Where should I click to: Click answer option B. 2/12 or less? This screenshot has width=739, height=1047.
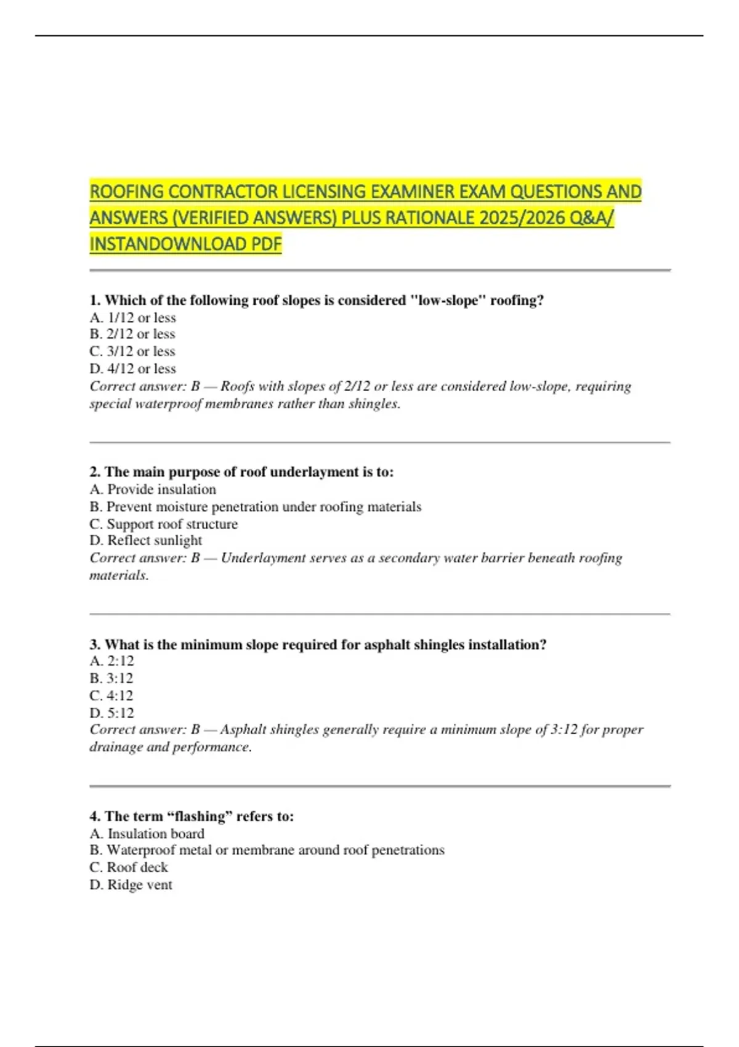tap(132, 334)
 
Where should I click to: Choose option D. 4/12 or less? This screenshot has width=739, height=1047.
tap(132, 368)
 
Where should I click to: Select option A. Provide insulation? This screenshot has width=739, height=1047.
tap(153, 490)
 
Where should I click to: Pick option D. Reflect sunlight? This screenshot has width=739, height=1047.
tap(145, 541)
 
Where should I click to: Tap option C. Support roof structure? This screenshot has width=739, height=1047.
tap(163, 524)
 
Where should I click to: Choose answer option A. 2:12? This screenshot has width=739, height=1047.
tap(111, 661)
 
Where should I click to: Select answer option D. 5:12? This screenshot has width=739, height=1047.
tap(111, 713)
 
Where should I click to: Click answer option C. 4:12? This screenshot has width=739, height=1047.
tap(111, 695)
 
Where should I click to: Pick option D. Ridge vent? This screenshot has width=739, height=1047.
tap(131, 885)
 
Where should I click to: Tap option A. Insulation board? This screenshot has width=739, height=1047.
tap(147, 834)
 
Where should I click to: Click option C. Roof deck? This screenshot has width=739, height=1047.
tap(129, 867)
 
